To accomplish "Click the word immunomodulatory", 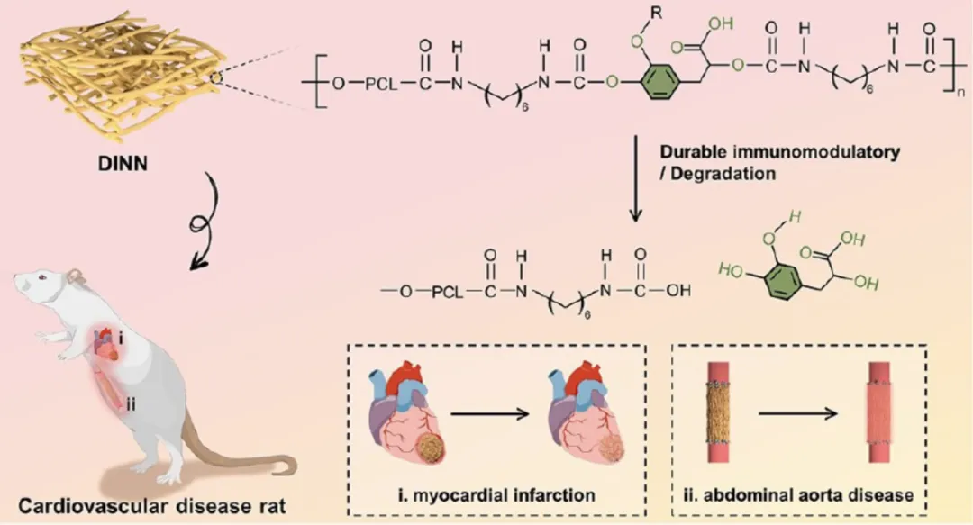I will pyautogui.click(x=817, y=152).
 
